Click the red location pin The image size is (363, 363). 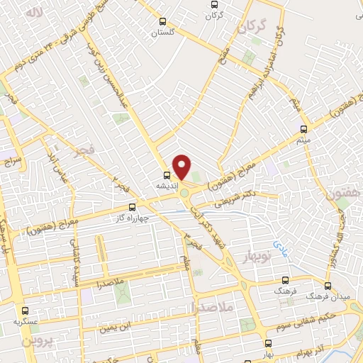182,166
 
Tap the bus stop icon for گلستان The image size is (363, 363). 164,21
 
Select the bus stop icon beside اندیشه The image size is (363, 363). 167,175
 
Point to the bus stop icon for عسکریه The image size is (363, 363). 26,311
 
